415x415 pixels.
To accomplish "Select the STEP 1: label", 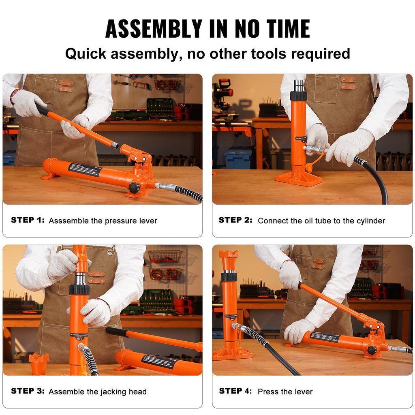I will [28, 220].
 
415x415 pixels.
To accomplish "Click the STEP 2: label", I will [235, 220].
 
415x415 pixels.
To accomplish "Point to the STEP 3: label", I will [28, 391].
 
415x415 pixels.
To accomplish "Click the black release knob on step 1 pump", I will [134, 188].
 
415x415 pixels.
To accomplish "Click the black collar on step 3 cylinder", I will [79, 289].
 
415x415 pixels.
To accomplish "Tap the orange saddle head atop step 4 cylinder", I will [229, 255].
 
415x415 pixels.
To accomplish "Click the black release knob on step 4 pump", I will [372, 350].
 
